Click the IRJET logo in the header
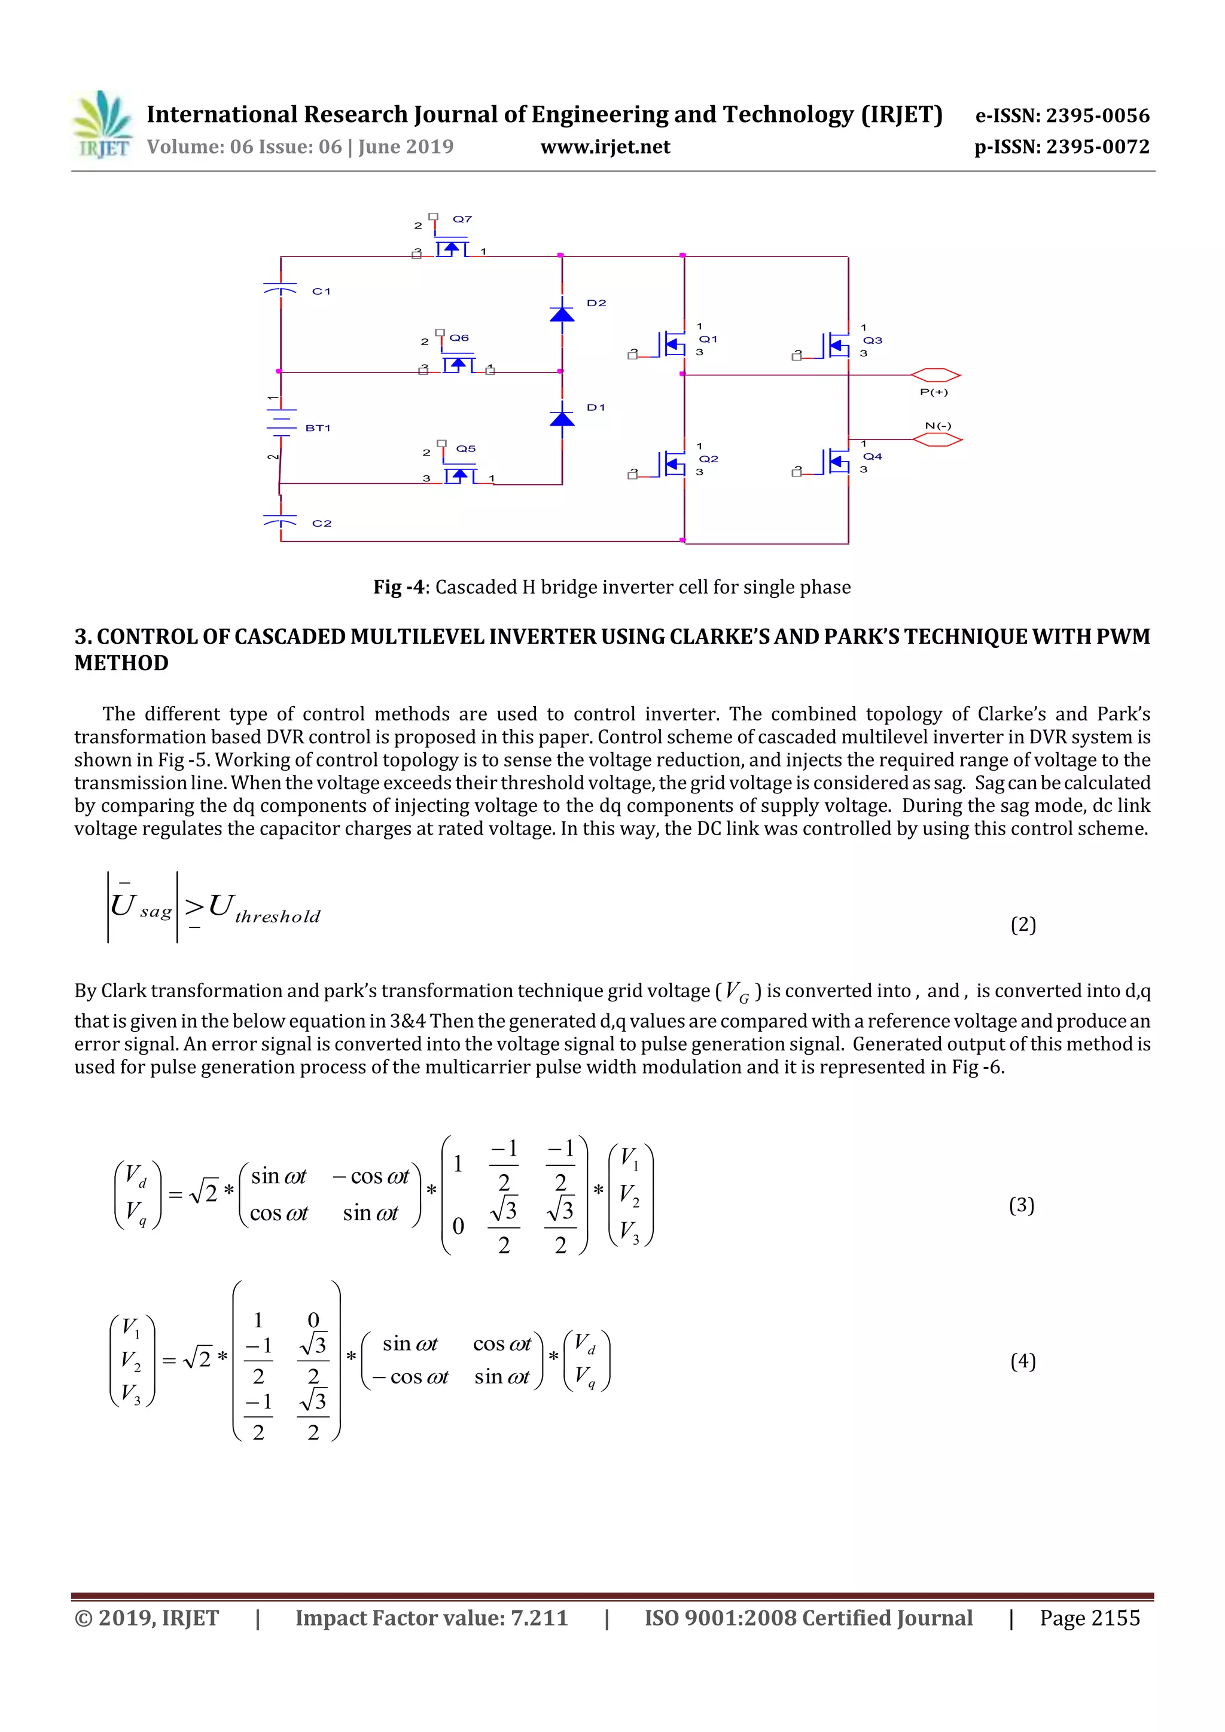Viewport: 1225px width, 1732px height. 103,125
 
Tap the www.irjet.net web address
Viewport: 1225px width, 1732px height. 605,147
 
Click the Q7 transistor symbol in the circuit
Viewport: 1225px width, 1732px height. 452,248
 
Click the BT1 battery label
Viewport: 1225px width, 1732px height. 318,427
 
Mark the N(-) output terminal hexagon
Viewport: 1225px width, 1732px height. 937,439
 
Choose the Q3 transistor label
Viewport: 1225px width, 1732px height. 873,340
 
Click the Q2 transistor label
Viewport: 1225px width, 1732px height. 708,459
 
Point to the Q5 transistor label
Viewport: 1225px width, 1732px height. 466,448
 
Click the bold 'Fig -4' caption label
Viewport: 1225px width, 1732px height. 398,587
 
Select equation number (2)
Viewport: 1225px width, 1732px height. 1023,925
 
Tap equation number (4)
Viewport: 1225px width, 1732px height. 1023,1361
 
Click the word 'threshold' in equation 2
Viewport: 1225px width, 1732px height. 277,917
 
